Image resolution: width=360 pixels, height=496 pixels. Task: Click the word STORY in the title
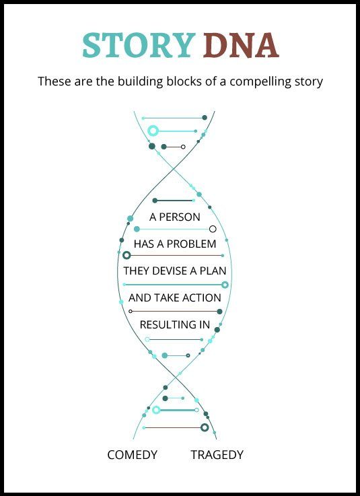(x=139, y=45)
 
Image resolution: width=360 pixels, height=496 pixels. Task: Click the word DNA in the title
(x=241, y=45)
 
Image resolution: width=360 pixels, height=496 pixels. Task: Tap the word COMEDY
(x=133, y=454)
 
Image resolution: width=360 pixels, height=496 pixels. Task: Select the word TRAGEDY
(x=217, y=454)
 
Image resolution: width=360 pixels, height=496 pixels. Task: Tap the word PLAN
(x=213, y=271)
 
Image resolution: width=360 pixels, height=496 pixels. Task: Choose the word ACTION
(x=201, y=297)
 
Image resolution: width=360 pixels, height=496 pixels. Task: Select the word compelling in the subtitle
(x=260, y=81)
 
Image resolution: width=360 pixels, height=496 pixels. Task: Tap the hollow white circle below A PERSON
(x=213, y=229)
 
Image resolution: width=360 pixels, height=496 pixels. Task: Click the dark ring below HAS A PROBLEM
(x=127, y=255)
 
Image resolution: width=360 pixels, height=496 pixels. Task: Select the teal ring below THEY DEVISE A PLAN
(x=225, y=285)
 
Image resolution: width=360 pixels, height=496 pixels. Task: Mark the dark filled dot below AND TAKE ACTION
(x=219, y=312)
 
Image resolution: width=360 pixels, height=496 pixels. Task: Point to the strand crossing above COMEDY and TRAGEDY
(x=175, y=378)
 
